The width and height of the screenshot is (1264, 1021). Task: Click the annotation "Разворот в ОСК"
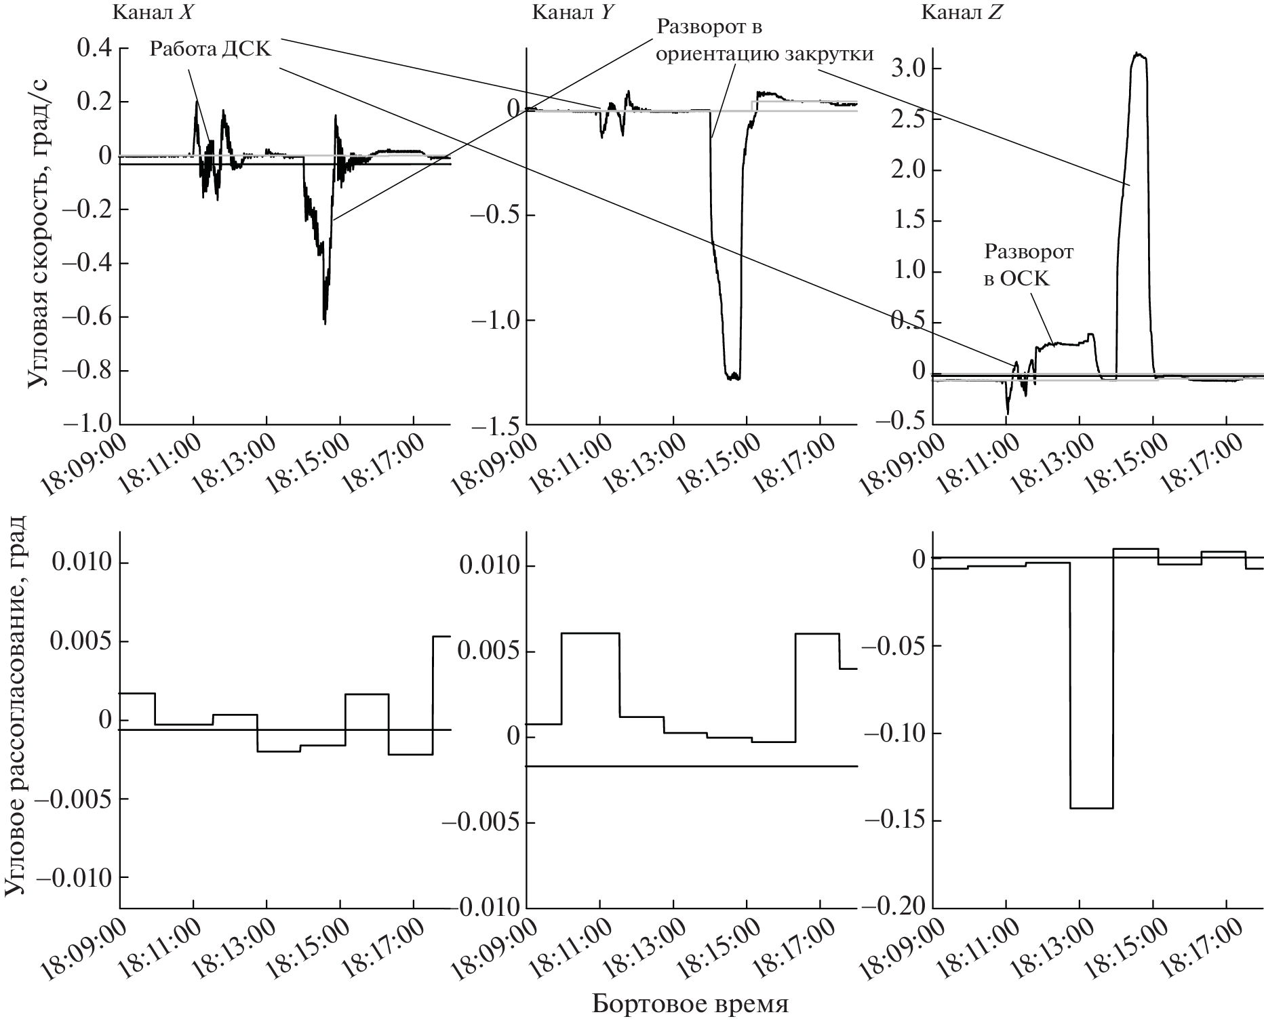pos(1028,264)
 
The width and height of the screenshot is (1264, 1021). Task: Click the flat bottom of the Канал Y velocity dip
pos(732,378)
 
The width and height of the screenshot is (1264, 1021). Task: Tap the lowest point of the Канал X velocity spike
pos(325,323)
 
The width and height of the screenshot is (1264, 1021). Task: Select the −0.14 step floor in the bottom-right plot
pos(1092,808)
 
